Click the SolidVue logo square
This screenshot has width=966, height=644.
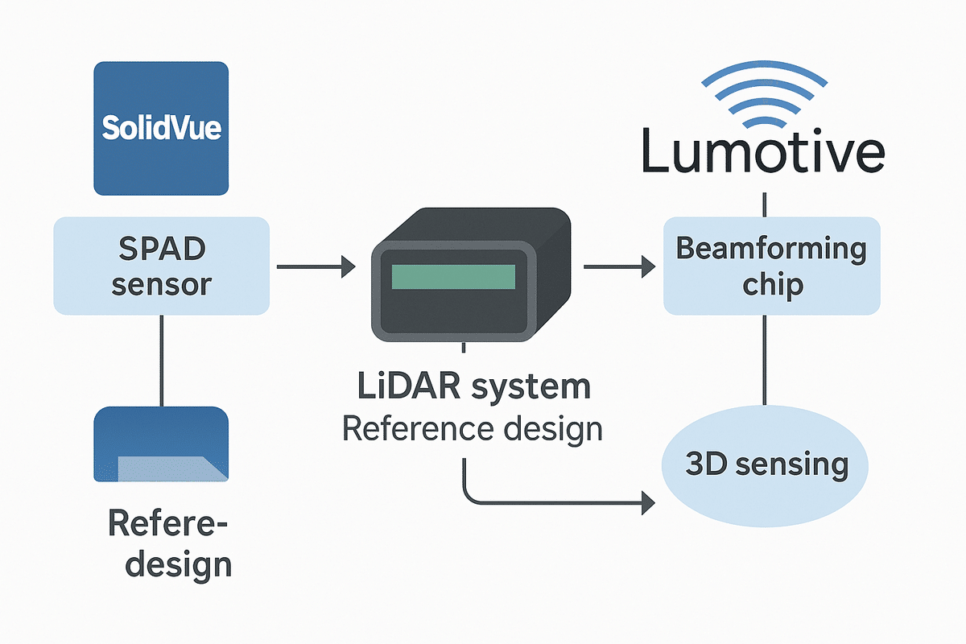(161, 129)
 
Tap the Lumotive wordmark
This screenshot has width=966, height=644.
(763, 153)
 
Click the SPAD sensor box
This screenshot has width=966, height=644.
(161, 266)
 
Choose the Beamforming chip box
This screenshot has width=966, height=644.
(771, 266)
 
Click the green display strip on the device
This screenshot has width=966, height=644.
(452, 276)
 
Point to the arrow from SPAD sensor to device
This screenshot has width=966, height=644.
(316, 266)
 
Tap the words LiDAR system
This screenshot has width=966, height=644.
(473, 387)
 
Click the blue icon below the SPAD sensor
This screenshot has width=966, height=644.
(161, 444)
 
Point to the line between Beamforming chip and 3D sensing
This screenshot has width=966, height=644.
(763, 359)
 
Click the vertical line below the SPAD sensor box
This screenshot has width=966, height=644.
(161, 360)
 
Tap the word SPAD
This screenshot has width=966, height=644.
(161, 248)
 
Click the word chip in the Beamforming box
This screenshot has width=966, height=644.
(771, 286)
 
